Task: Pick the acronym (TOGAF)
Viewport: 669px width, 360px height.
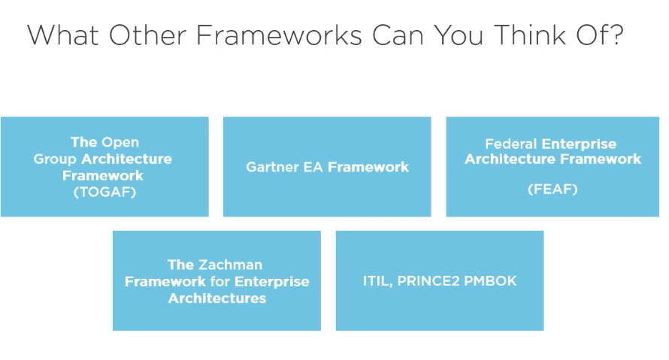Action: point(104,192)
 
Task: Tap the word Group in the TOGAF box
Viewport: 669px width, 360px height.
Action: point(56,159)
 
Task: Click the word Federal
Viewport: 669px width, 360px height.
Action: point(511,144)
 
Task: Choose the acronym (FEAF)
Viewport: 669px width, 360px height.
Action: point(552,189)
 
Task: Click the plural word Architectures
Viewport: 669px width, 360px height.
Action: point(216,298)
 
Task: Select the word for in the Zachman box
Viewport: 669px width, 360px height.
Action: point(219,282)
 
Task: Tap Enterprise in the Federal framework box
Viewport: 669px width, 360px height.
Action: point(579,144)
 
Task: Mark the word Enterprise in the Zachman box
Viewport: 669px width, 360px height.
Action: point(272,282)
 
